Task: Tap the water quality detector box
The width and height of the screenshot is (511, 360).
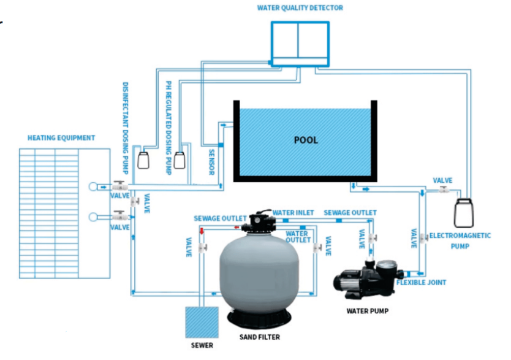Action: (x=300, y=42)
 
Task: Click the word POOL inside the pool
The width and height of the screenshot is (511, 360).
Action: (x=306, y=140)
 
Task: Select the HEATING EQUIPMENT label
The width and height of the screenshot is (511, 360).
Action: (x=61, y=138)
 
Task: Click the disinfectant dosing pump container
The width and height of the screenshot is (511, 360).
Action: (x=144, y=160)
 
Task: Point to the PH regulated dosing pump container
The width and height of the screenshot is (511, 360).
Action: (x=180, y=159)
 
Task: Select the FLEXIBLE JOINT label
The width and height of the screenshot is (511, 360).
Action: (x=421, y=283)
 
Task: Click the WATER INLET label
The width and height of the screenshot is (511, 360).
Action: (x=293, y=212)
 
